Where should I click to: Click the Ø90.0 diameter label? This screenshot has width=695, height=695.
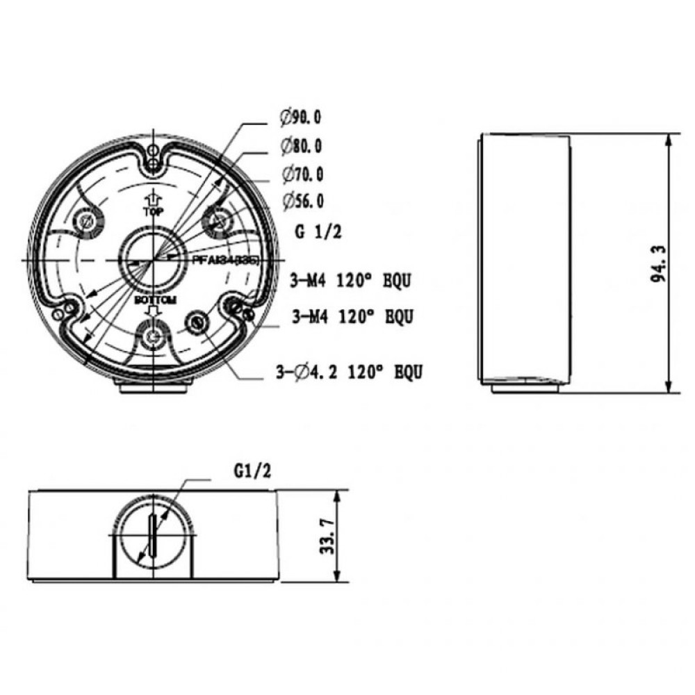(302, 117)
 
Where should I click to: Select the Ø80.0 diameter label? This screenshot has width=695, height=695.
(302, 145)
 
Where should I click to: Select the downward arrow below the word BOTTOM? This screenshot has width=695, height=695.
(153, 312)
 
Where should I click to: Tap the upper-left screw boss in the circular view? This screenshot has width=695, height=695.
(88, 222)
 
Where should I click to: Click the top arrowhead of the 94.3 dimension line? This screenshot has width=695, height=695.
(668, 138)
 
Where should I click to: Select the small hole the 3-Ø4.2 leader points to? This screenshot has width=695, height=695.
(199, 322)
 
